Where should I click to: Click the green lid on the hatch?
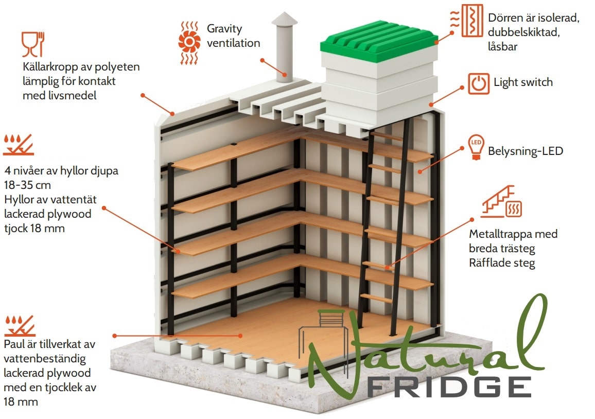pos(379,41)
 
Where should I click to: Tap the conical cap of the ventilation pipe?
pos(284,20)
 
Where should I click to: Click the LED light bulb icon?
pos(476,147)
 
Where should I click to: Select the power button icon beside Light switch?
pos(479,83)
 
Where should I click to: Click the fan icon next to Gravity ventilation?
pos(189,43)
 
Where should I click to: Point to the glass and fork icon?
pos(33,44)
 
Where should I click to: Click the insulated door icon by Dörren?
pos(467,21)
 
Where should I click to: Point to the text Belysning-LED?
pos(525,151)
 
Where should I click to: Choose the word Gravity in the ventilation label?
pos(224,29)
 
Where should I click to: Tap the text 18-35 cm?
pos(27,185)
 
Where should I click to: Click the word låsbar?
pos(503,47)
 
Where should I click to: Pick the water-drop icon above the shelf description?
pos(19,145)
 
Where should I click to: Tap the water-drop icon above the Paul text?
pos(20,326)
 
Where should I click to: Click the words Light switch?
pos(523,82)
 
